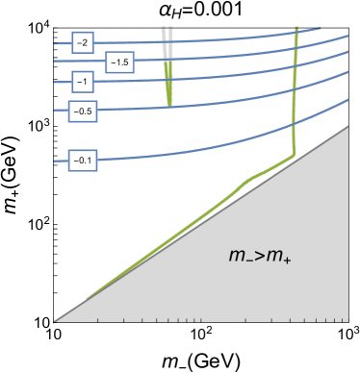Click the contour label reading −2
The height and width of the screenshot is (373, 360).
click(83, 44)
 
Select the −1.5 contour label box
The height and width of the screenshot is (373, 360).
click(119, 62)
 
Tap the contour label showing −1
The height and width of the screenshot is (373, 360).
click(83, 83)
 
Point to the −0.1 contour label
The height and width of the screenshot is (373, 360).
click(83, 161)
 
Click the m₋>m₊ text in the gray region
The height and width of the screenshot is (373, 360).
click(261, 256)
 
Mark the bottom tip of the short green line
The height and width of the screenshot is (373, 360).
click(169, 105)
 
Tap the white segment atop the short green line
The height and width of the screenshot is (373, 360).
click(167, 35)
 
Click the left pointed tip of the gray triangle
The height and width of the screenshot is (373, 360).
click(55, 320)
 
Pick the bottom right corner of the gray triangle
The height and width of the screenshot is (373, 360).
click(347, 320)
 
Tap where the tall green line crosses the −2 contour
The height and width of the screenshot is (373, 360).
click(296, 32)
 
